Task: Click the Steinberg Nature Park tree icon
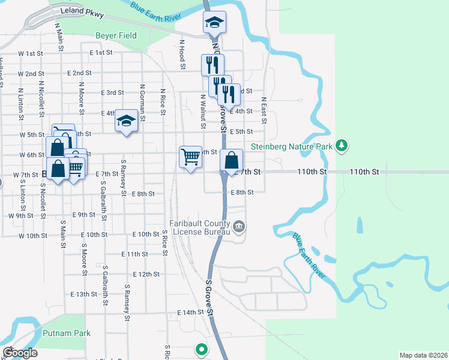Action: [x=342, y=145]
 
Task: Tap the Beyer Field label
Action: [x=116, y=35]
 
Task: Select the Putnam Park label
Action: [x=67, y=333]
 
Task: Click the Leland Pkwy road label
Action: [x=82, y=13]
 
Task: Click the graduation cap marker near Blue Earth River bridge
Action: [x=214, y=23]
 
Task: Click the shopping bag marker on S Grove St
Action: [x=231, y=160]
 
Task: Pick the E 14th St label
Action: [x=191, y=313]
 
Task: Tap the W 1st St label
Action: [x=31, y=53]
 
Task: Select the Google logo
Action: [x=19, y=353]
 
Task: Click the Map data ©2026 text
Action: [x=423, y=355]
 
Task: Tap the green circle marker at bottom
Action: [x=201, y=349]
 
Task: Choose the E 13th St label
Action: [x=83, y=295]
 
